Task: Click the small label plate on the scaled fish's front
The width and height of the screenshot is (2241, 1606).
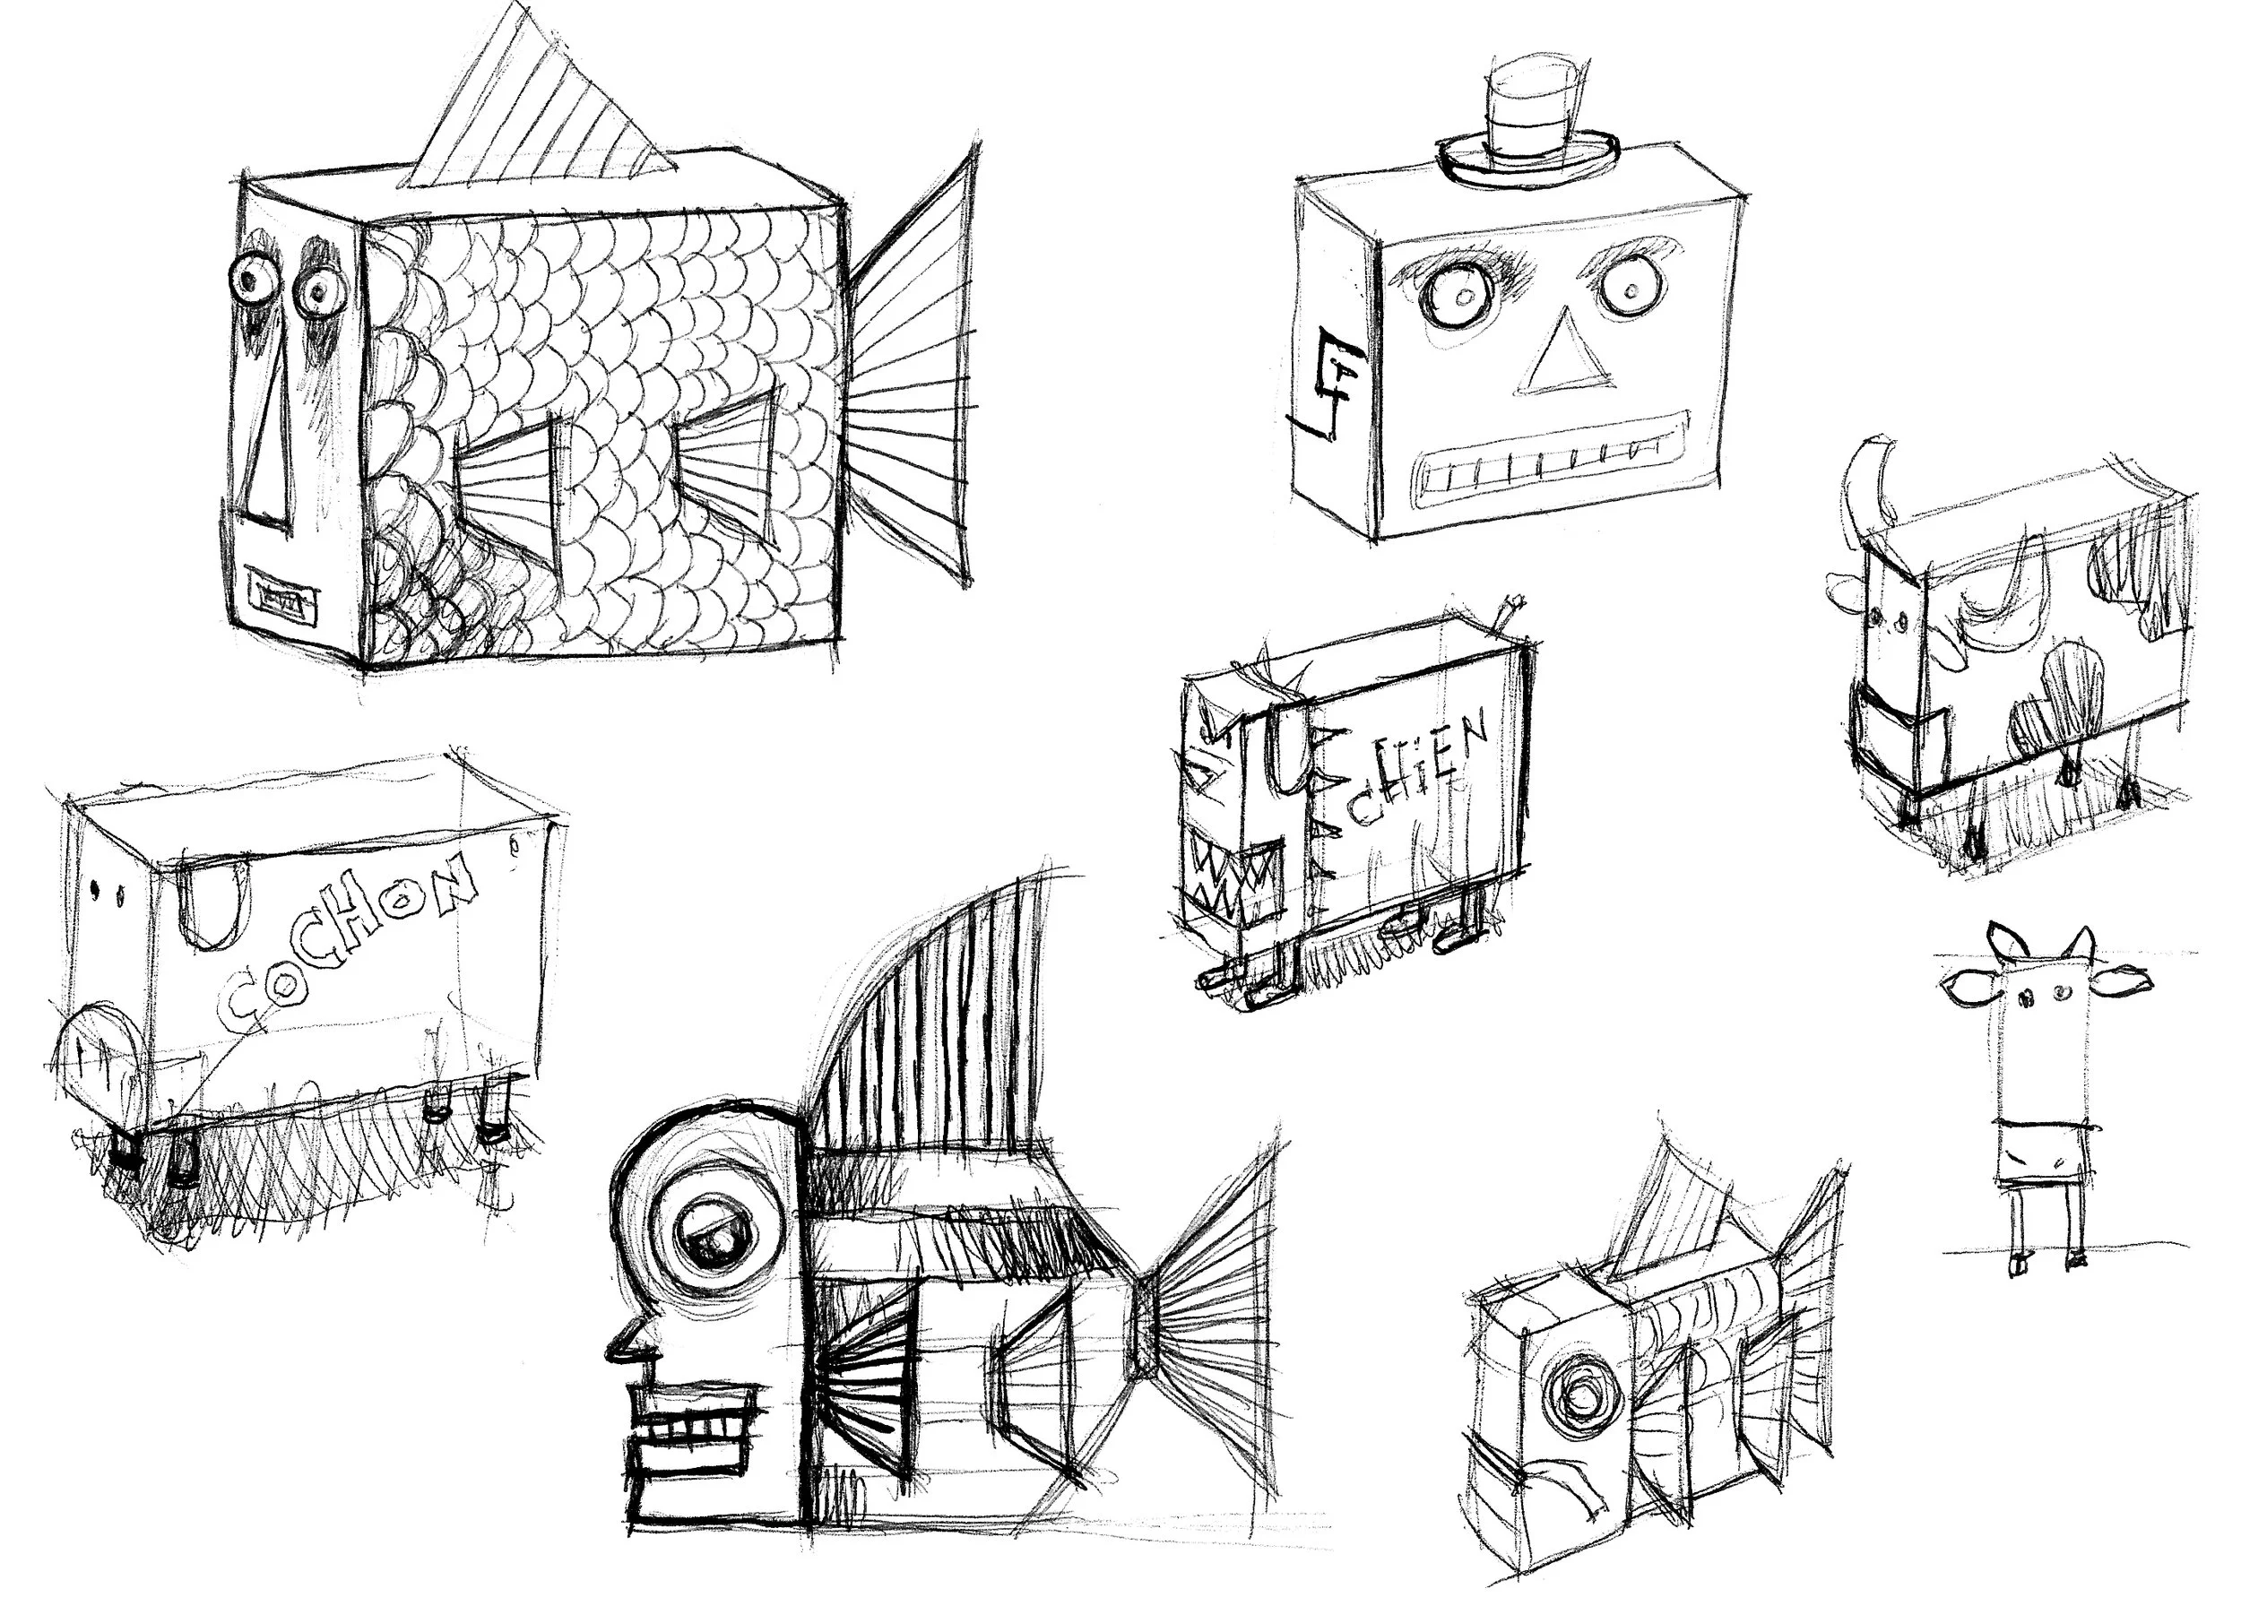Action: (x=284, y=596)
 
